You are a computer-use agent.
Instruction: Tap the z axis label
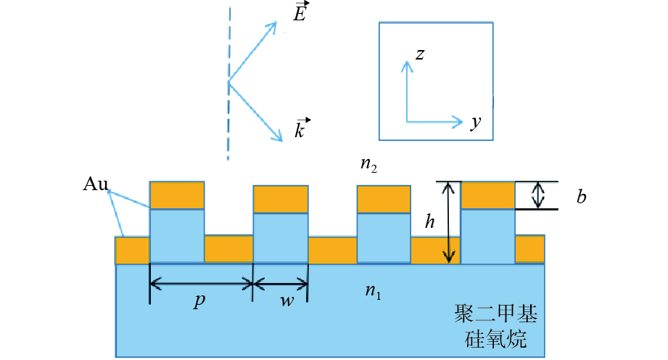(x=419, y=54)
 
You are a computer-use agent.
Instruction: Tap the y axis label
(x=475, y=123)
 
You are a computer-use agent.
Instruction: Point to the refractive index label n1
(x=372, y=292)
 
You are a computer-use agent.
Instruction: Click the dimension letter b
(x=581, y=197)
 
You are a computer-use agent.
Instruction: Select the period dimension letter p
(x=199, y=302)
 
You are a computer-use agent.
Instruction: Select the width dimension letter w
(x=287, y=302)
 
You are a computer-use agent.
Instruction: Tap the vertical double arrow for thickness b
(x=537, y=195)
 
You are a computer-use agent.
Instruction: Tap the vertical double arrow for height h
(x=450, y=222)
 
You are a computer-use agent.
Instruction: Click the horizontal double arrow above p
(x=201, y=284)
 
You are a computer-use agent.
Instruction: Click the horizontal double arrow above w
(x=281, y=284)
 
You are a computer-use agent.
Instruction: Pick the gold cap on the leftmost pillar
(x=177, y=195)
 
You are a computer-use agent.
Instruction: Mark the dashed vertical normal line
(x=228, y=80)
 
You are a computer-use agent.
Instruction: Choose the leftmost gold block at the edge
(x=132, y=250)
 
